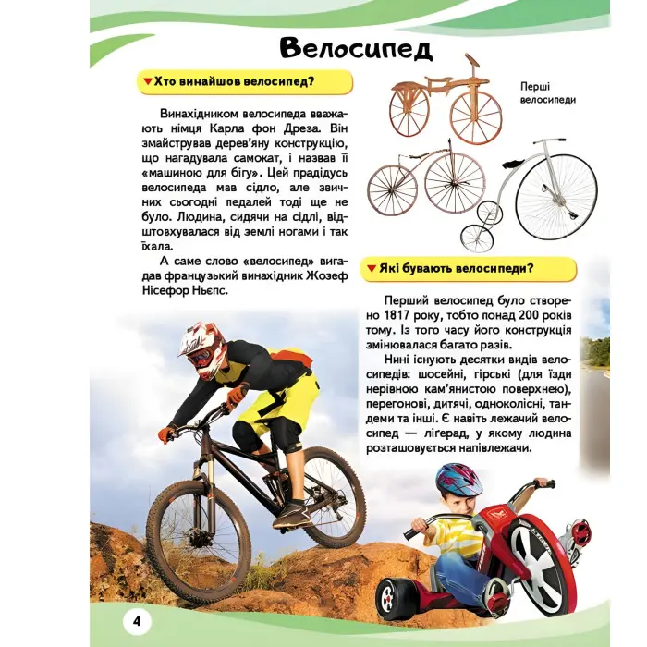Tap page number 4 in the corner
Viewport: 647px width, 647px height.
[x=136, y=618]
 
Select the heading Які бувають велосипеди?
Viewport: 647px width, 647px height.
[x=472, y=269]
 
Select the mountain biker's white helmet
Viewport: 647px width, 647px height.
[x=202, y=348]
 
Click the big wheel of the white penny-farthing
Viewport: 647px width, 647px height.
[x=555, y=196]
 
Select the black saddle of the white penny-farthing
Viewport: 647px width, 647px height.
[x=515, y=165]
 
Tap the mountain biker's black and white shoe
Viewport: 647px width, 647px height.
[x=292, y=513]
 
